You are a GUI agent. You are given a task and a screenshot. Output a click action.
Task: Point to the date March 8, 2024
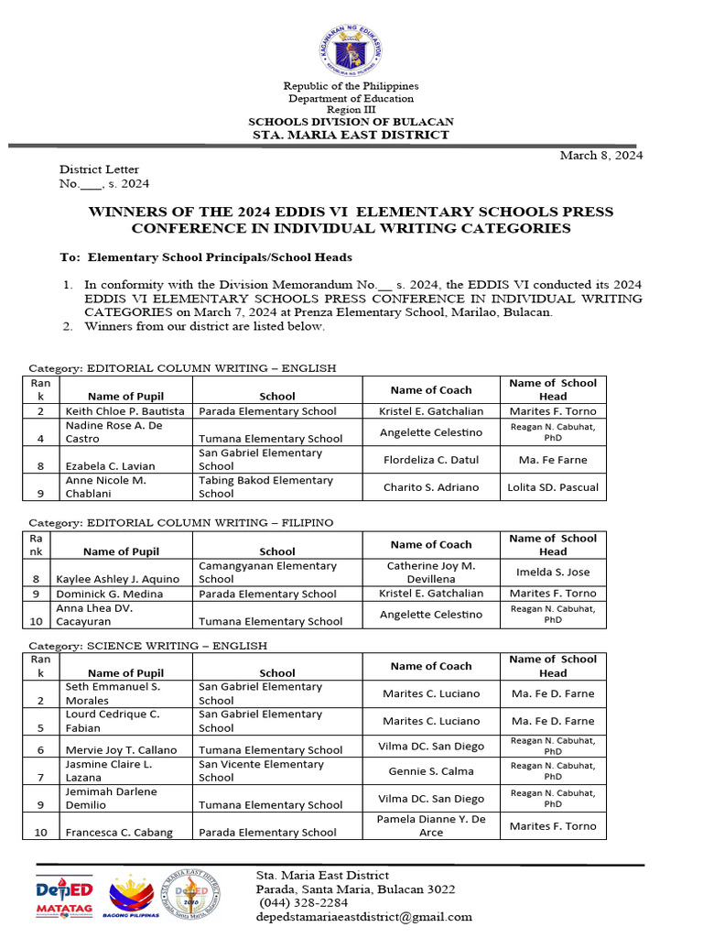(601, 155)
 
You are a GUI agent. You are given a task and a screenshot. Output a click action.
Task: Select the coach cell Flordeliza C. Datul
(430, 460)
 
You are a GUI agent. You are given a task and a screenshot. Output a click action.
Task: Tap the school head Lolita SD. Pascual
(553, 487)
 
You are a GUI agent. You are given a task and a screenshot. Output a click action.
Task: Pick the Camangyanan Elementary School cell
(267, 573)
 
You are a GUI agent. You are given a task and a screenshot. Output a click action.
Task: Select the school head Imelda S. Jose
(553, 572)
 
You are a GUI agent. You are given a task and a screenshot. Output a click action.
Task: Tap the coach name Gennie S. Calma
(430, 771)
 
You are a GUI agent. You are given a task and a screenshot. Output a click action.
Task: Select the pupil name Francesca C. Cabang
(119, 833)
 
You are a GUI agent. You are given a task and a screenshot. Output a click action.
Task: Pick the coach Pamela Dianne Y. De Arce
(430, 825)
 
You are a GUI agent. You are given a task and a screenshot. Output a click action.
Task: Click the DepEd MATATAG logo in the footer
(64, 896)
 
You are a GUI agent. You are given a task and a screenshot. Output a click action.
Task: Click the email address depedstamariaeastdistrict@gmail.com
(364, 917)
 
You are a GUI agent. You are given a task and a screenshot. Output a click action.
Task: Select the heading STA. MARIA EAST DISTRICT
(351, 135)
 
